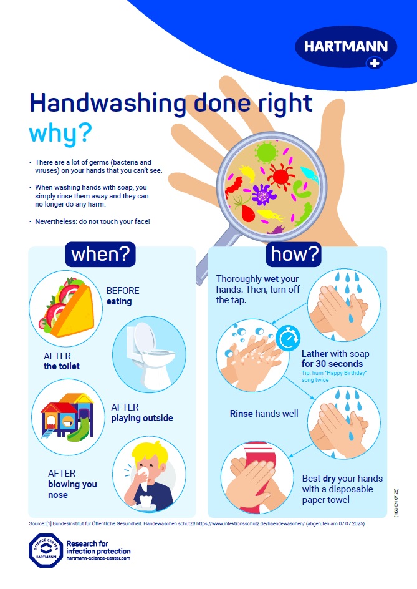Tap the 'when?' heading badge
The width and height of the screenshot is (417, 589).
pyautogui.click(x=100, y=255)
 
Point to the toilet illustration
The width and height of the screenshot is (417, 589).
pyautogui.click(x=148, y=353)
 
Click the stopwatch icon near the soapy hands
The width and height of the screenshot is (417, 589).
pyautogui.click(x=287, y=339)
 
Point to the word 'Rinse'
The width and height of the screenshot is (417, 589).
pyautogui.click(x=242, y=413)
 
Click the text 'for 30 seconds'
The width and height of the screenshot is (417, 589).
pyautogui.click(x=332, y=364)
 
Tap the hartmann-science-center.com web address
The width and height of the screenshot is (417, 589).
pyautogui.click(x=98, y=559)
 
